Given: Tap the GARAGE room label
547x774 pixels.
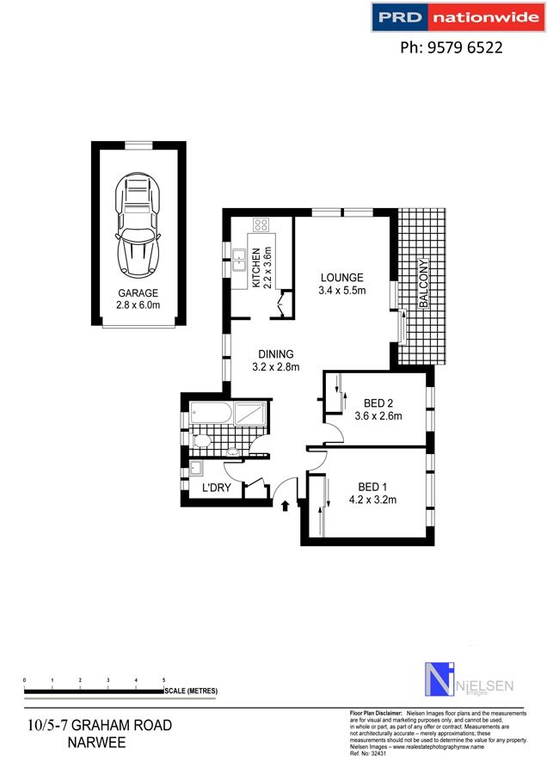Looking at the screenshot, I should point(138,293).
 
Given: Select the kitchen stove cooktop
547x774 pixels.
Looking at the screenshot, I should point(261,226).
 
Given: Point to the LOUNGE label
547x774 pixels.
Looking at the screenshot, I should point(342,278).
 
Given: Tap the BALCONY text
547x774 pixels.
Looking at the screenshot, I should point(422,283).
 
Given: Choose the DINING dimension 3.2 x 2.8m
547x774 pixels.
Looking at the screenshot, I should point(275,367).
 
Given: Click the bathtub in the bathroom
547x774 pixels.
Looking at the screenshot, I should point(208,413).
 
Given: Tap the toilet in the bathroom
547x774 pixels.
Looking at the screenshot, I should point(200,442).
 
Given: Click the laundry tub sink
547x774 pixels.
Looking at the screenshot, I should point(196,470).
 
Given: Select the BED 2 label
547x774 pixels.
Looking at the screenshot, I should point(378,403).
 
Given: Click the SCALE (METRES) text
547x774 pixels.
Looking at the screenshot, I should point(192,691).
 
